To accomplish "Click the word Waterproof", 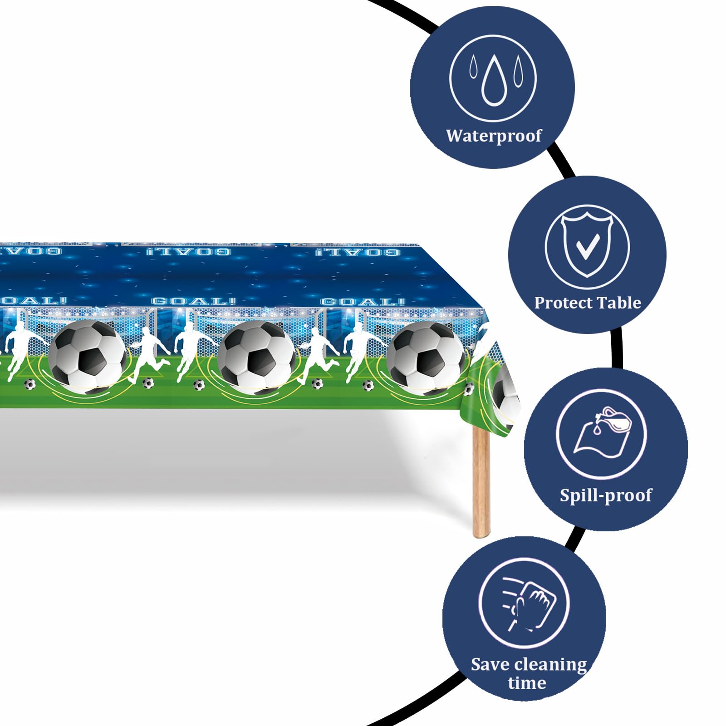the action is click(494, 136).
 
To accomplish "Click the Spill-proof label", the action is click(606, 495).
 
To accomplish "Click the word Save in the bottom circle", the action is click(490, 664).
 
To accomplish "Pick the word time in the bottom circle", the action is click(527, 682).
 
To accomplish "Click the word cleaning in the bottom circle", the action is click(550, 665).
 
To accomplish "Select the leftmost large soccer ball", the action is click(88, 357).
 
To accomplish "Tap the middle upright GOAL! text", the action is click(194, 301).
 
